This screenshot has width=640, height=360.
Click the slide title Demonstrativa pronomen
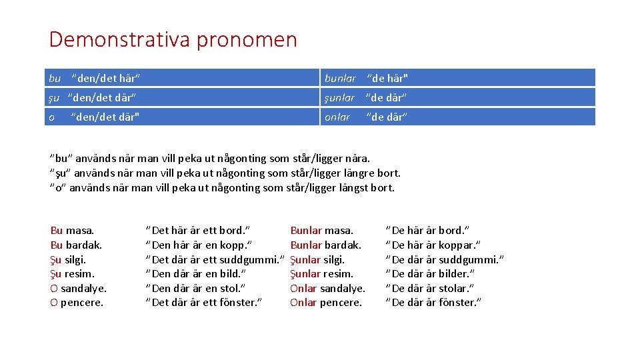coord(173,40)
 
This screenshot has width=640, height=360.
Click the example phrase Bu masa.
coord(72,231)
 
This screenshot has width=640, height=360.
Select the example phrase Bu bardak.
coord(76,245)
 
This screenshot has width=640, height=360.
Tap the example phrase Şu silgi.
coord(68,260)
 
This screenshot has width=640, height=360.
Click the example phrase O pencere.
coord(77,303)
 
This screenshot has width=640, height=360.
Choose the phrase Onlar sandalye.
coord(327,289)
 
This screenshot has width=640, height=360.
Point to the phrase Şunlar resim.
coord(321,274)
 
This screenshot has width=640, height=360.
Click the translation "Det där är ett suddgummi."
coord(215,260)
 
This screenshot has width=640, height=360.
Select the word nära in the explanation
coord(355,159)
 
